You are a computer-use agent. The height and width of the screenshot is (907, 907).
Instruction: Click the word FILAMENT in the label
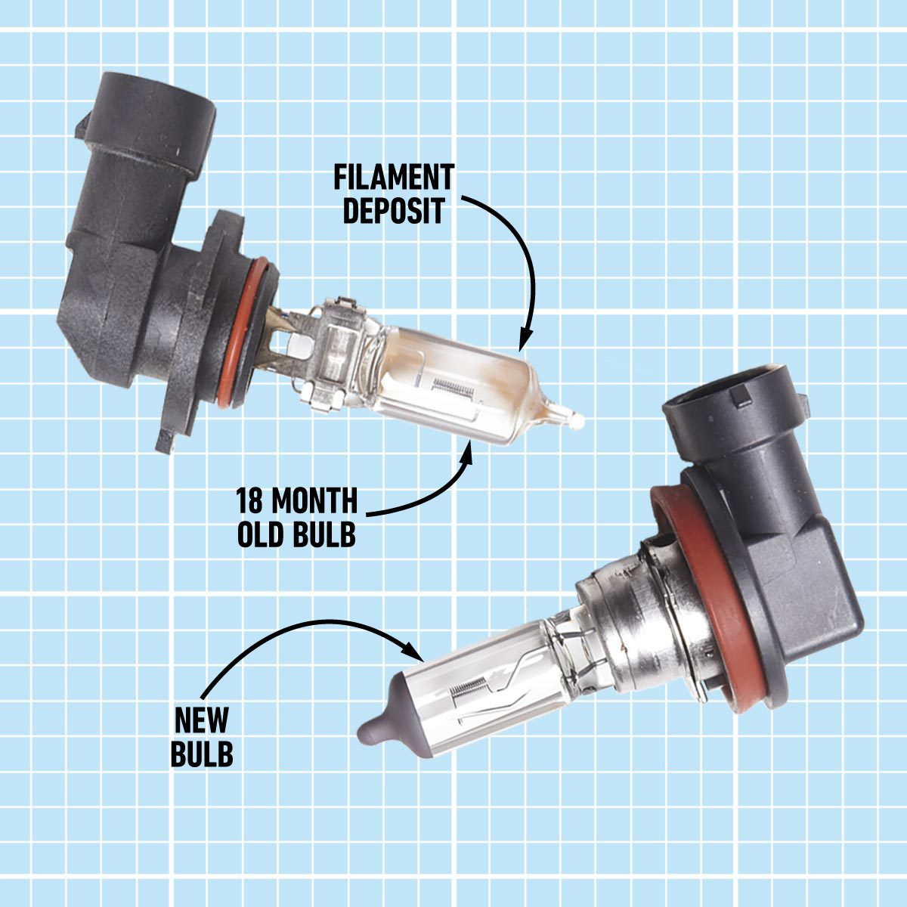pyautogui.click(x=394, y=178)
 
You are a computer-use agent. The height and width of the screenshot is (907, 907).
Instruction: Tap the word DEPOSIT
pyautogui.click(x=394, y=212)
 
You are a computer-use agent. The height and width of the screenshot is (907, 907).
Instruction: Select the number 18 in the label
pyautogui.click(x=249, y=501)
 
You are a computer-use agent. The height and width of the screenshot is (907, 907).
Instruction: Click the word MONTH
pyautogui.click(x=315, y=501)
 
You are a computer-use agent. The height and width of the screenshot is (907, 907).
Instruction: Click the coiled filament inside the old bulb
pyautogui.click(x=452, y=387)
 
